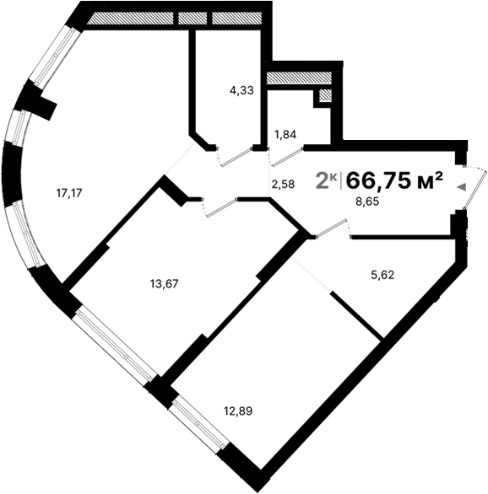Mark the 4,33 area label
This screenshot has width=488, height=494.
[242, 89]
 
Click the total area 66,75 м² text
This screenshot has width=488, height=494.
[395, 180]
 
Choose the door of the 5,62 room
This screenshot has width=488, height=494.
[332, 228]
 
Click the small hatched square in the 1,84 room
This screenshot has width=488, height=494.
[323, 96]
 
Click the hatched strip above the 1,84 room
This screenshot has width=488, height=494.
[296, 78]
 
